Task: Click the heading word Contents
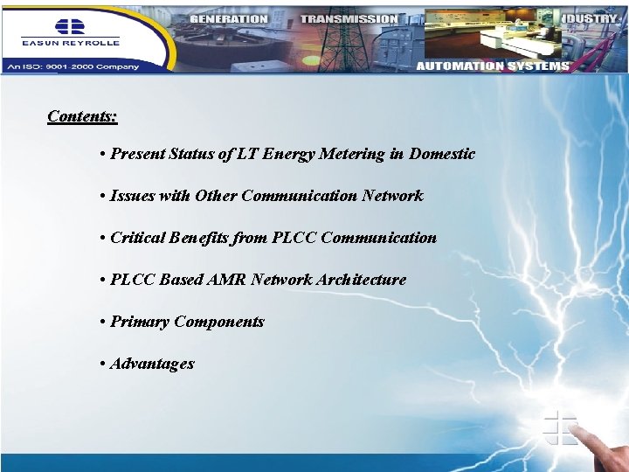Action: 82,116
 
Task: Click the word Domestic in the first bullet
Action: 442,154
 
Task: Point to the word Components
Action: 219,322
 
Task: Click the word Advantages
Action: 152,364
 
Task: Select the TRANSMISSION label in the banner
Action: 349,18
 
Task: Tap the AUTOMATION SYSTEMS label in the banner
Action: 493,66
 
